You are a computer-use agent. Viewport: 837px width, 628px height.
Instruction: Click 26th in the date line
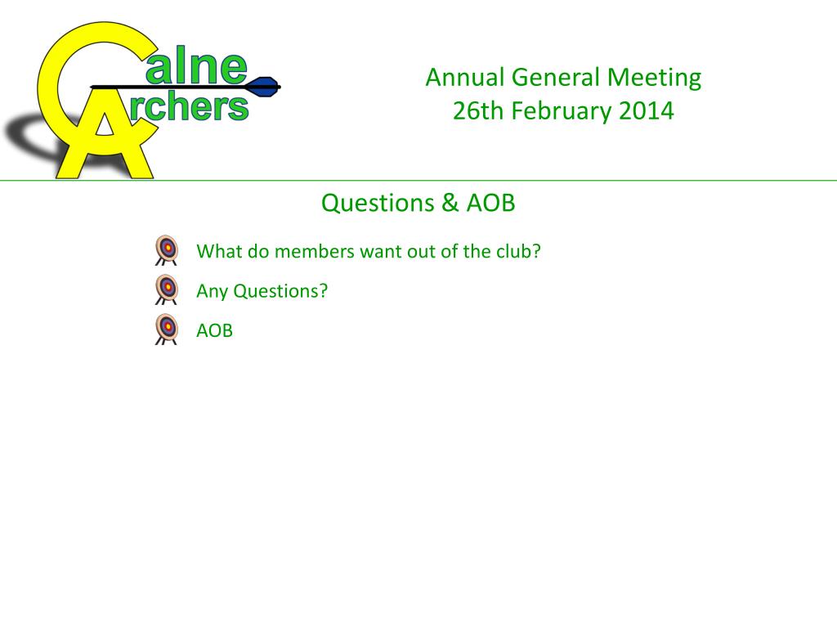480,110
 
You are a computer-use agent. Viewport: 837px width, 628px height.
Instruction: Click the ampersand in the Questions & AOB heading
450,203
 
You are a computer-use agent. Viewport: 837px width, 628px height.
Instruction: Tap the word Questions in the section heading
378,203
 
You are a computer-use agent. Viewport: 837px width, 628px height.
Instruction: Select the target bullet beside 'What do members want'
167,249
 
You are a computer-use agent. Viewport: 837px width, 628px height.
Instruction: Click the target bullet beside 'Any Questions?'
167,289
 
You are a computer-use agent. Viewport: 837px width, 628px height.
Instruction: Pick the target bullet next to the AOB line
167,329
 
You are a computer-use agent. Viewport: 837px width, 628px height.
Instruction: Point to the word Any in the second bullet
212,291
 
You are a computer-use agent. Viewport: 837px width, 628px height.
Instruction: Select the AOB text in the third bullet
215,330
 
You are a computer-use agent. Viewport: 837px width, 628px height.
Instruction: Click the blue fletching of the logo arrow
265,85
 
